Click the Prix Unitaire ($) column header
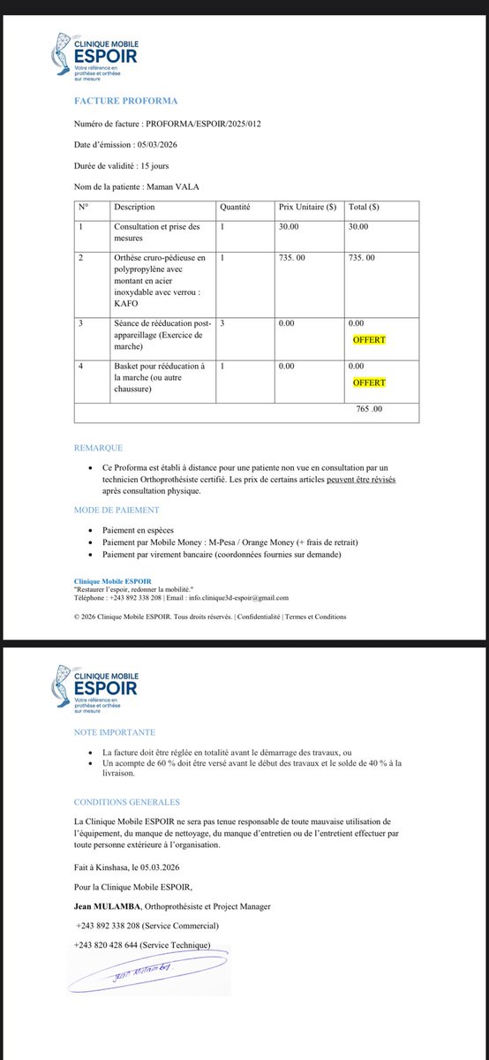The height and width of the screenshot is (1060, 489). tap(307, 207)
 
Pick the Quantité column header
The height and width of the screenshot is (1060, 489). tap(236, 207)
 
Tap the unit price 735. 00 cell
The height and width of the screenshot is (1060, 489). tap(297, 257)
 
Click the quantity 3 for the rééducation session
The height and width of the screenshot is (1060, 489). tap(223, 323)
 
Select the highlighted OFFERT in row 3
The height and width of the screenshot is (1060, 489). tap(369, 340)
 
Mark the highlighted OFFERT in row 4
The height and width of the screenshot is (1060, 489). tap(369, 382)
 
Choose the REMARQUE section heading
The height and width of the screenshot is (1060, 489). tap(99, 448)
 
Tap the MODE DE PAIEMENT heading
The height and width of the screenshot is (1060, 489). tap(117, 510)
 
